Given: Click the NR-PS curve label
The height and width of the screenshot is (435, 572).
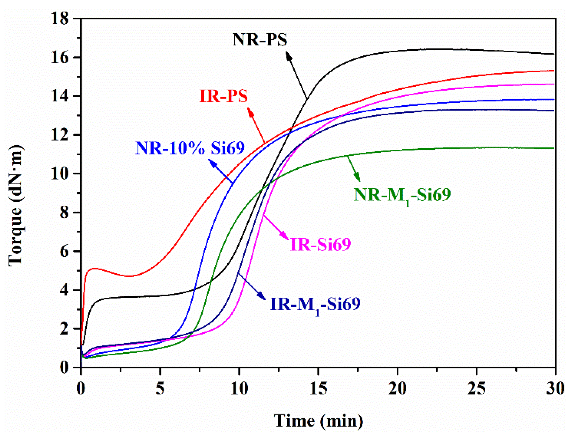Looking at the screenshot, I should pos(260,40).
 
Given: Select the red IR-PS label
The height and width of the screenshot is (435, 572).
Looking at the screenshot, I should pos(223,96).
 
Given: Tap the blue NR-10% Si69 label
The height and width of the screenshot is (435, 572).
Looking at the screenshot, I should pos(190,148).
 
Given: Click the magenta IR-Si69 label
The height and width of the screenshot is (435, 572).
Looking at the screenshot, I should pos(320,244).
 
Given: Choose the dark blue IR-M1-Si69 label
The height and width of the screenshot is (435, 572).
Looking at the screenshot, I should pos(315,304).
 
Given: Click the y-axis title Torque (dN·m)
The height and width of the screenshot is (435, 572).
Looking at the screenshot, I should pos(15,205).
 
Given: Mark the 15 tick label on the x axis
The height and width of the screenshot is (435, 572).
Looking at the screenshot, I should pos(318,389).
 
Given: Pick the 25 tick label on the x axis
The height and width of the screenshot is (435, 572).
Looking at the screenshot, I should pos(476,389).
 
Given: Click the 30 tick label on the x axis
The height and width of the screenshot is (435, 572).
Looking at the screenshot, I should pos(555,389).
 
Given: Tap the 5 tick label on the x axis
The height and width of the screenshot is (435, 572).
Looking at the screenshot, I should pos(160,389).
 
